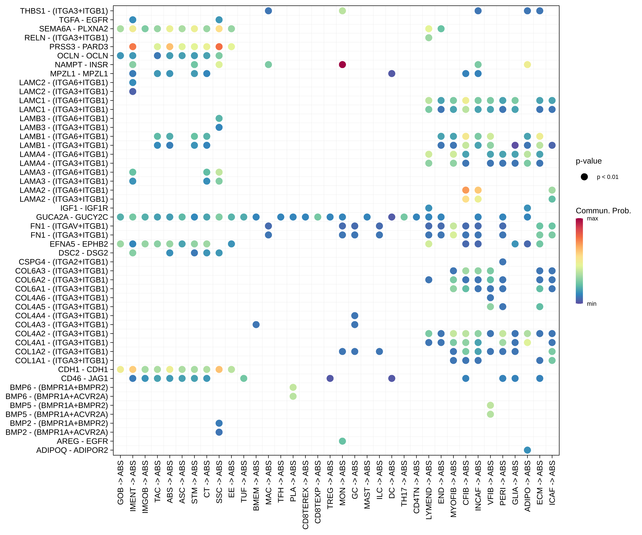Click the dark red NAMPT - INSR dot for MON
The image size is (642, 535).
342,64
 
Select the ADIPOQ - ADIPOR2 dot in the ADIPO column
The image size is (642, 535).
527,450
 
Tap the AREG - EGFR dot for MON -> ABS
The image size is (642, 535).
342,441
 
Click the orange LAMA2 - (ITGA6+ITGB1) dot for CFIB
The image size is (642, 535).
466,190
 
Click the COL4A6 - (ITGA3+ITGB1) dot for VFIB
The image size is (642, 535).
490,298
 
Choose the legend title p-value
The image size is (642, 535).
588,161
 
